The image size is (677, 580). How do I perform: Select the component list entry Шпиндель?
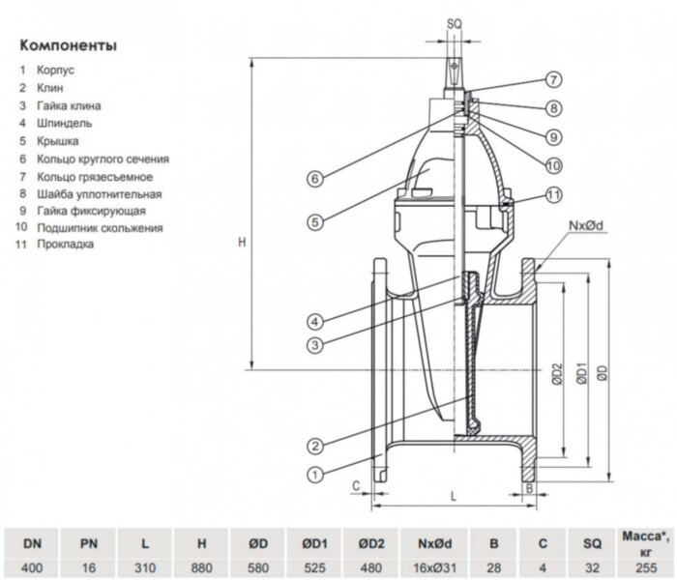click(65, 123)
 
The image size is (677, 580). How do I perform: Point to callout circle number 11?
click(552, 194)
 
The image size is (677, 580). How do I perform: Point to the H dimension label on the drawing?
click(241, 243)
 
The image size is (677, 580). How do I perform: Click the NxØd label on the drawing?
click(586, 225)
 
